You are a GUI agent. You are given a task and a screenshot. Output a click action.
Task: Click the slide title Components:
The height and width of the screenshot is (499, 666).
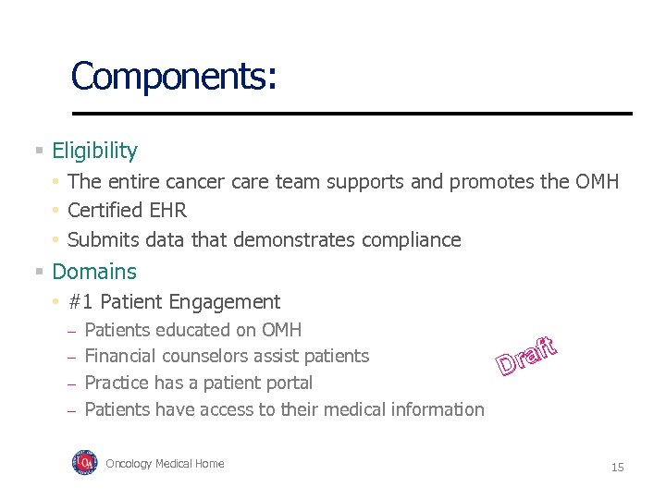click(x=173, y=76)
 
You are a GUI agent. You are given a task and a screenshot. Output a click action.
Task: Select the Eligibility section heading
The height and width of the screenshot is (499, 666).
click(x=94, y=151)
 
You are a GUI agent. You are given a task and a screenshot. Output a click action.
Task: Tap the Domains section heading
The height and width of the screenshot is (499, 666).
click(x=93, y=272)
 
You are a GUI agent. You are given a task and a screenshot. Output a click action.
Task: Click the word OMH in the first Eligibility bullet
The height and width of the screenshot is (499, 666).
click(x=597, y=181)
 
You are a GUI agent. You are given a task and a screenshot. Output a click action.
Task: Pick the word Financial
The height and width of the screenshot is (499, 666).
click(x=119, y=357)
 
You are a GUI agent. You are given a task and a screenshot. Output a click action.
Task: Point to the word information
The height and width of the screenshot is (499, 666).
click(x=438, y=409)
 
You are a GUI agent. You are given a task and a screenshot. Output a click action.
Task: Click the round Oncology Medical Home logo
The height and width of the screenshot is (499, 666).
click(x=84, y=463)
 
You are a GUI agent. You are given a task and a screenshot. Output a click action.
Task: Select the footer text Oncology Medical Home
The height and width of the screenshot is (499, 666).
click(x=165, y=464)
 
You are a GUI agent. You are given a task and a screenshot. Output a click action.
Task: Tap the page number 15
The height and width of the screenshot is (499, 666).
click(x=617, y=468)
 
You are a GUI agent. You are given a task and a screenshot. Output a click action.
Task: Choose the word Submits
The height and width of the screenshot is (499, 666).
click(x=100, y=240)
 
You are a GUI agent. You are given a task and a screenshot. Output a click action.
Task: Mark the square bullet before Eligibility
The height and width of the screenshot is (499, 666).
click(x=39, y=151)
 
